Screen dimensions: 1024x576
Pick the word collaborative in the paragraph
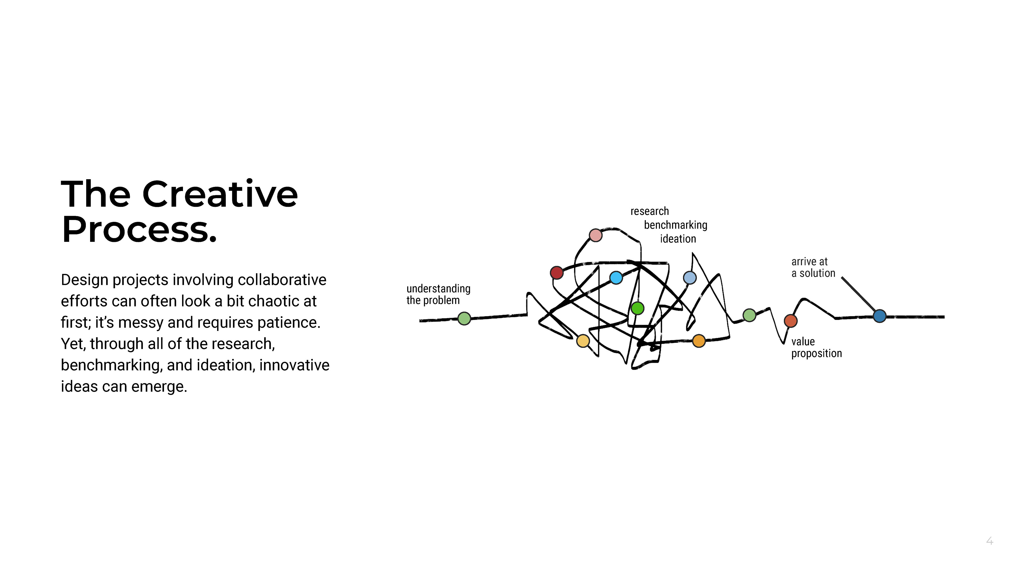coord(282,279)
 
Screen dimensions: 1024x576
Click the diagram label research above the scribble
coord(650,211)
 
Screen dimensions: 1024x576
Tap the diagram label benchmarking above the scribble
coord(675,225)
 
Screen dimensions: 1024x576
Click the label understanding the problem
coord(438,294)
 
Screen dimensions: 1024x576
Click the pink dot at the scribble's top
coord(595,235)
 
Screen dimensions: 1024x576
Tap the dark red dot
coord(557,273)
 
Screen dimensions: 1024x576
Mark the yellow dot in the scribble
coord(583,341)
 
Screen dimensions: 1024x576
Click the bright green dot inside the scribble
coord(637,308)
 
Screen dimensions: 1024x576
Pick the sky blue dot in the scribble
coord(616,277)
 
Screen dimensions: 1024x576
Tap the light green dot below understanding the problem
coord(464,318)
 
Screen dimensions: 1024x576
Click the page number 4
coord(989,541)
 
